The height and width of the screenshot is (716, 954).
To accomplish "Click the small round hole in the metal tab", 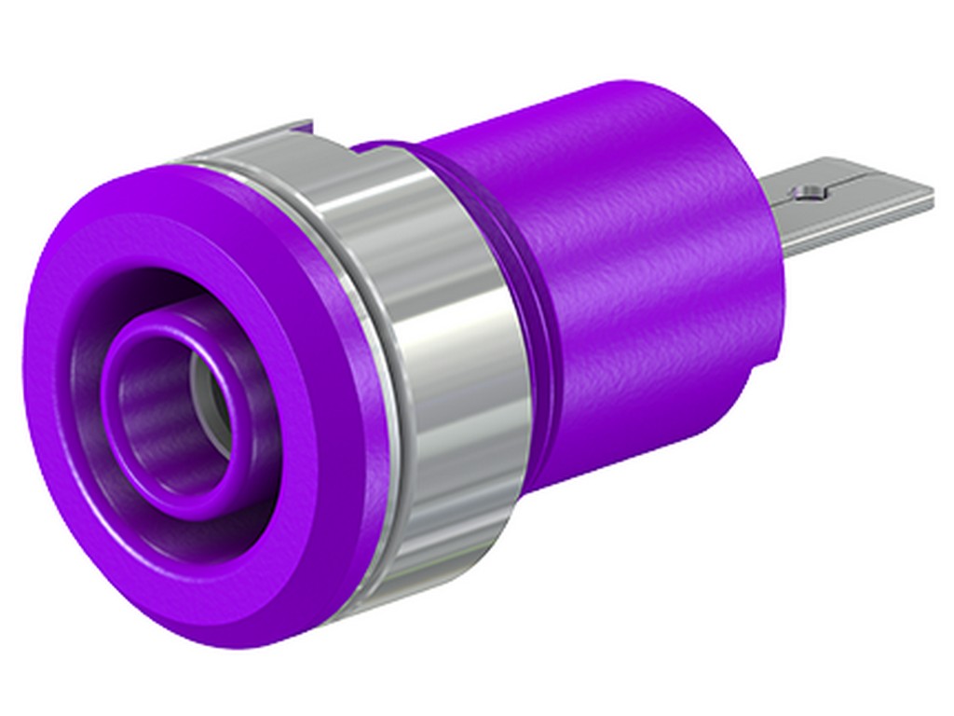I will pyautogui.click(x=808, y=193).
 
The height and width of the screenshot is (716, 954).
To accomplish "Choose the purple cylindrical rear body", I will pyautogui.click(x=643, y=280).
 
